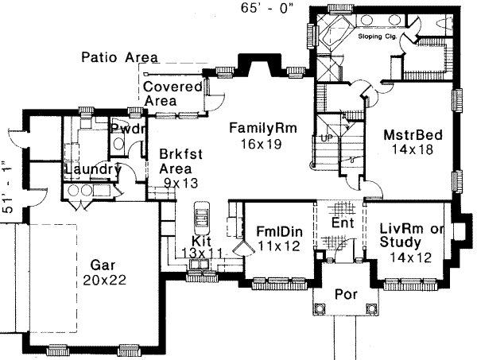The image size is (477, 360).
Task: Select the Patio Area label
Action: click(120, 58)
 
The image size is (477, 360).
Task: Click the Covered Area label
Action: click(173, 94)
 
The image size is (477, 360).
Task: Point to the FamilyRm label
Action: click(260, 128)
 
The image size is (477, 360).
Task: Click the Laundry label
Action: click(92, 169)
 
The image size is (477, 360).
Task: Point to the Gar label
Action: click(99, 265)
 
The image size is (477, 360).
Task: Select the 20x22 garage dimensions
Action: click(101, 280)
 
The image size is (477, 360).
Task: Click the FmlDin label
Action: click(277, 231)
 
